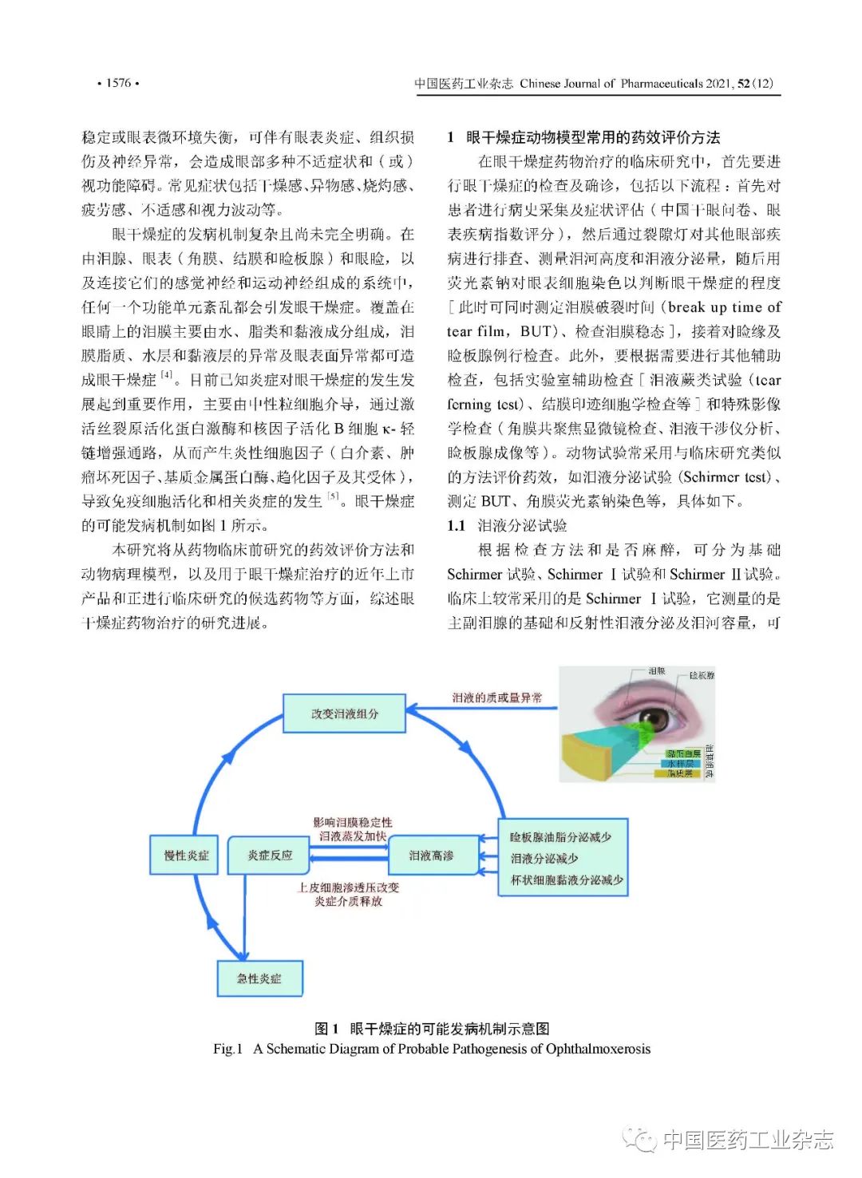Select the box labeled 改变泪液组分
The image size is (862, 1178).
click(344, 714)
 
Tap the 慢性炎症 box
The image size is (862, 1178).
click(185, 855)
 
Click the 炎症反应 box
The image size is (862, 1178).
click(269, 855)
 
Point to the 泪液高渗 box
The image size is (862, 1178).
click(431, 856)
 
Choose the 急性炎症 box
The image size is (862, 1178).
click(259, 978)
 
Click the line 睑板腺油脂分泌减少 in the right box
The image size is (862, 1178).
click(560, 836)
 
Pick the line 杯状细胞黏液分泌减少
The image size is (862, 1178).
click(566, 880)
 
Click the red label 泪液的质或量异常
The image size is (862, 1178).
click(496, 698)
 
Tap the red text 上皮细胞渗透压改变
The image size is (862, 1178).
click(348, 887)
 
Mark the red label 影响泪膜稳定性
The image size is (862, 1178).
click(352, 822)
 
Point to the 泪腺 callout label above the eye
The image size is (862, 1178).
click(656, 671)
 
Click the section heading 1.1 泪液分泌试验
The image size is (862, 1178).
click(508, 525)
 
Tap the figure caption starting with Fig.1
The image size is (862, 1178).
click(431, 1049)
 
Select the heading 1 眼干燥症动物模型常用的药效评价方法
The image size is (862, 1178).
click(583, 137)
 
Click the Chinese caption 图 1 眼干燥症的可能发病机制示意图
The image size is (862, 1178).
click(432, 1029)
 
